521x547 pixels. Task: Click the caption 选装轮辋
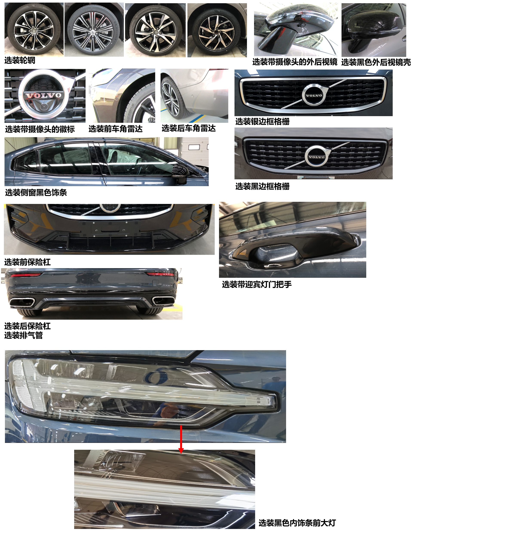coord(20,60)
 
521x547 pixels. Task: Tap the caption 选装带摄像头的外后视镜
coord(295,62)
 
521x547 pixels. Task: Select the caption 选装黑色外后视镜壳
coord(376,62)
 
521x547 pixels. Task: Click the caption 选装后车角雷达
coord(188,128)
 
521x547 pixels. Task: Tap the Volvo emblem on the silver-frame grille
coord(314,95)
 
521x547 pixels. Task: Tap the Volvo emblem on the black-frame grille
coord(316,157)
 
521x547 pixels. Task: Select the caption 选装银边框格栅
coord(262,122)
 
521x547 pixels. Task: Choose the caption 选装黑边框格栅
coord(262,186)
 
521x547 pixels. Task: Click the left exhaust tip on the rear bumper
coord(22,302)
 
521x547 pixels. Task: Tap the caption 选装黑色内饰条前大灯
coord(297,523)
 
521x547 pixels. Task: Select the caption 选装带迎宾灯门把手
coord(257,284)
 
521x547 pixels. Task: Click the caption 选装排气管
coord(24,335)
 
